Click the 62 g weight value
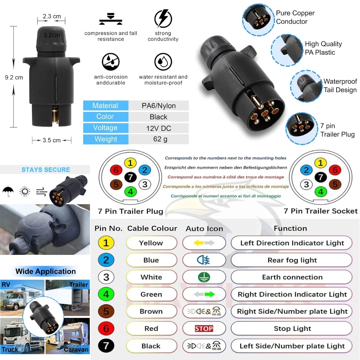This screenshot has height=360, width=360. [x=158, y=139]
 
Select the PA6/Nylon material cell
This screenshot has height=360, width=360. [x=158, y=105]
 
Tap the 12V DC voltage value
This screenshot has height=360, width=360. [x=158, y=128]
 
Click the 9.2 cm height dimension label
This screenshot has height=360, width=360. [x=14, y=77]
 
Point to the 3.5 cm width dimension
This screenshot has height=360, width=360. [x=51, y=140]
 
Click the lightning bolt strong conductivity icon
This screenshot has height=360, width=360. [x=163, y=18]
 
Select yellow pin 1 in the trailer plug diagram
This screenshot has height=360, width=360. [x=130, y=163]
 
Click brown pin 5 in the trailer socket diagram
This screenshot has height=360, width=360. [x=335, y=185]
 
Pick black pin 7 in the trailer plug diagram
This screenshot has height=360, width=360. [x=130, y=177]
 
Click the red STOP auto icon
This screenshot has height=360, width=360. [x=204, y=328]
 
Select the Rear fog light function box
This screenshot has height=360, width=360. [x=292, y=260]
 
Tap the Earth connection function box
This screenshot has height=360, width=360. [x=292, y=277]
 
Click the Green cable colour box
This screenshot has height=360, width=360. [x=151, y=294]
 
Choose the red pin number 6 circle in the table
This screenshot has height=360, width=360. [x=106, y=328]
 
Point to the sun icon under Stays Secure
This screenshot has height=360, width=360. [x=25, y=191]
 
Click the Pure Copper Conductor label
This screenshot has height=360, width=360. [x=295, y=17]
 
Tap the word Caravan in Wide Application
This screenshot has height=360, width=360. [x=76, y=350]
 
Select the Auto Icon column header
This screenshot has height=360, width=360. [x=204, y=229]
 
